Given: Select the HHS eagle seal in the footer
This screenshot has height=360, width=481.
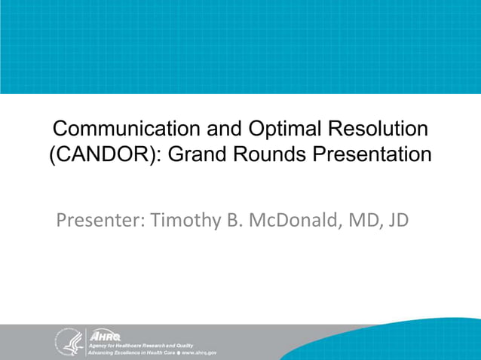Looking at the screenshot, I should tap(68, 341).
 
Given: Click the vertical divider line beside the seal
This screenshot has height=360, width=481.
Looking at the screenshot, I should tap(87, 341).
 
